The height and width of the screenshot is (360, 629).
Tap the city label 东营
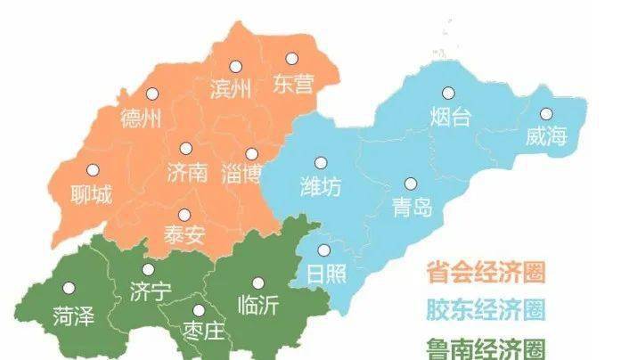293,85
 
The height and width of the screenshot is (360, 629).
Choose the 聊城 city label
91,193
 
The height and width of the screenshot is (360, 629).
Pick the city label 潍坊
319,187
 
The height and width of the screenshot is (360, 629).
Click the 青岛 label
412,207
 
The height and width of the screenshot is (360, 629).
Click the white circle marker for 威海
546,114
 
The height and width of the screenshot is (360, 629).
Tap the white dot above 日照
324,250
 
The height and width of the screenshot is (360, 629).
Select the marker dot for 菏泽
69,288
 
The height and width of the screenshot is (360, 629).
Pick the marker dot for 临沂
258,282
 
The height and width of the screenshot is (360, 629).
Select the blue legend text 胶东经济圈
486,309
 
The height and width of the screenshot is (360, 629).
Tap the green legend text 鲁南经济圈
486,347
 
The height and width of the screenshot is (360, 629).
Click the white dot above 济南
185,149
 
